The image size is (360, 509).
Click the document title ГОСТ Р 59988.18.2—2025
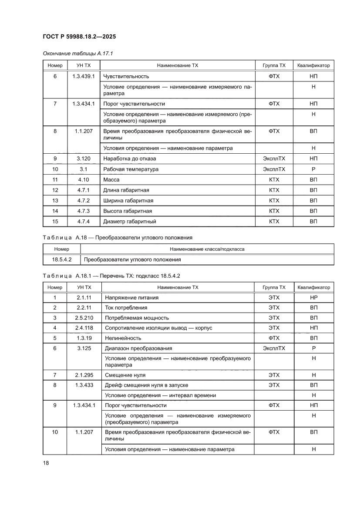coord(79,37)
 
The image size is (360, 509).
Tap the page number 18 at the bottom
coord(46,463)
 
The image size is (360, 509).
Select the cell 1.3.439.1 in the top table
coord(83,76)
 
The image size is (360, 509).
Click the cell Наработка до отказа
coord(129,159)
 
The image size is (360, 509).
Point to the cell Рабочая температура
coord(131,169)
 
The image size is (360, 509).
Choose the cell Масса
coord(111,180)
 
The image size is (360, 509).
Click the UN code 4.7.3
coord(83,211)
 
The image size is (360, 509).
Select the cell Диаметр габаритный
coord(129,222)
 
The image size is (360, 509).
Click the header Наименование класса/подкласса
coord(207,249)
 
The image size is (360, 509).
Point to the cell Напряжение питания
coord(131,298)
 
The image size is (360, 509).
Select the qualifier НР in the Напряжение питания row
coord(313,298)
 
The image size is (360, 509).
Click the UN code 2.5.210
coord(84,318)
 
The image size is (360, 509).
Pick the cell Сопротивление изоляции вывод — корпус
coord(158,328)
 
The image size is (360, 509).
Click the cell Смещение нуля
coord(125,375)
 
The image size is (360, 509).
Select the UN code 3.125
coord(84,348)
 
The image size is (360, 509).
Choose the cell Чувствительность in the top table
coord(126,76)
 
